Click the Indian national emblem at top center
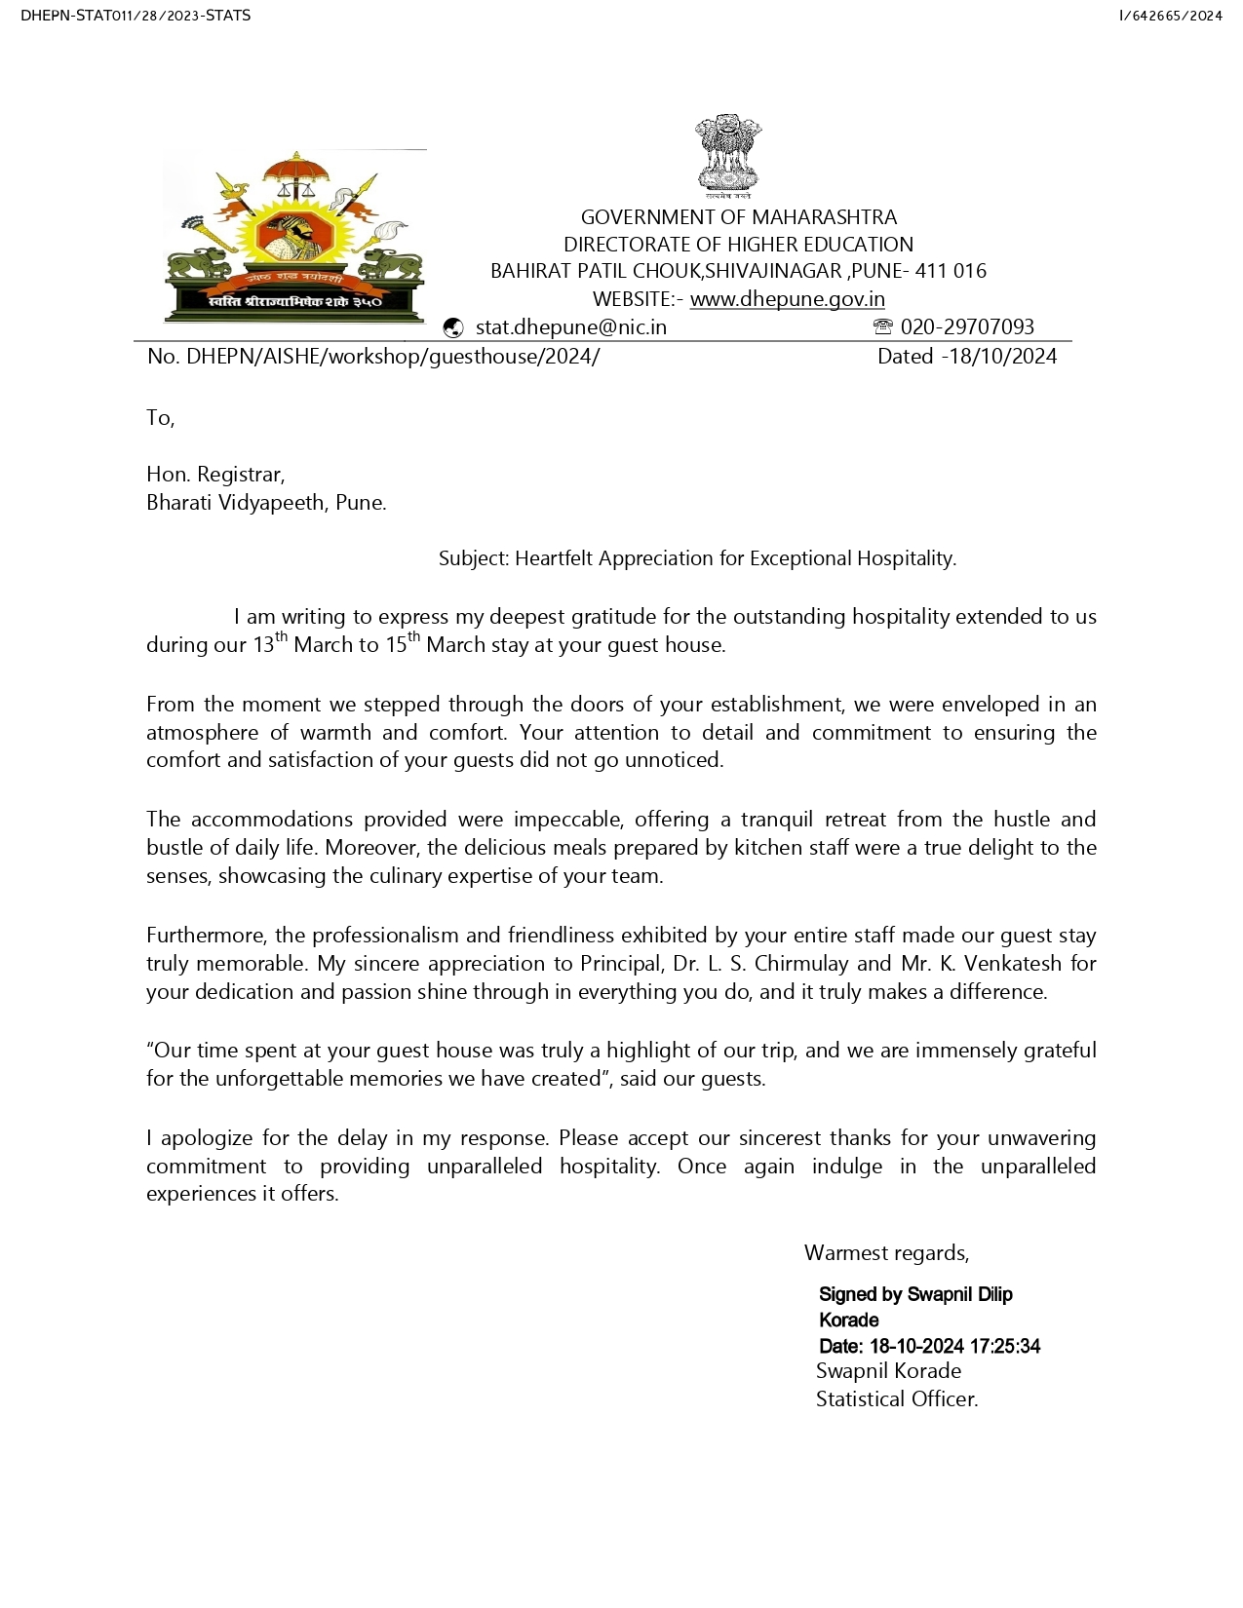727,156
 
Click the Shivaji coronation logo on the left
295,237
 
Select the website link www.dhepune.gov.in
787,299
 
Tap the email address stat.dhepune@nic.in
570,327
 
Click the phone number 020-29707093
967,327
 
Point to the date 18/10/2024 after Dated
1002,357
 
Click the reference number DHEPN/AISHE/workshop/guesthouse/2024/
393,357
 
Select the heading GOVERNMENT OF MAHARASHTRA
738,217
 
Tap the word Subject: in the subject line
474,558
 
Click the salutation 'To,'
160,418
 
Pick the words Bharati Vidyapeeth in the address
235,503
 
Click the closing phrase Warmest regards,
886,1253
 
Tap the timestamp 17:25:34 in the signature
1004,1347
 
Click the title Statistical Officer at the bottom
896,1399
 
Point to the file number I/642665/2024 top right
1170,16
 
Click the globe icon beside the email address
452,327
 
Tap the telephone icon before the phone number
882,326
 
